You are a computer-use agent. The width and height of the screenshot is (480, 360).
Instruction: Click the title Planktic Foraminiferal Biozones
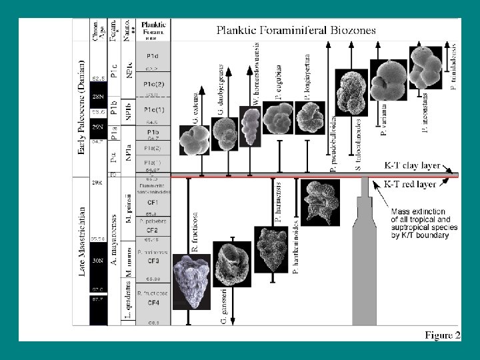(296, 30)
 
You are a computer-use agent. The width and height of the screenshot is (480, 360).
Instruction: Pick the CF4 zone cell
(152, 303)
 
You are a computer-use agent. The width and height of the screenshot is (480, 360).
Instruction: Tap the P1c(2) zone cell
(152, 85)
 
